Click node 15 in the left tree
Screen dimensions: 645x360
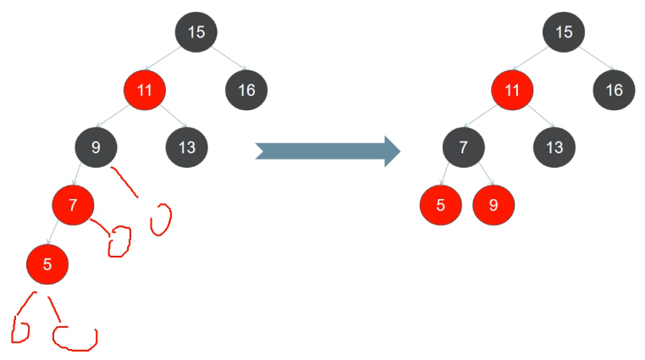pos(196,33)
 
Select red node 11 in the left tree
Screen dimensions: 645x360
pos(145,89)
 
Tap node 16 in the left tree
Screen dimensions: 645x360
pos(246,89)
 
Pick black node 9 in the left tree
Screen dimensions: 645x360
pos(96,147)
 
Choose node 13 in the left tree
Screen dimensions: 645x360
pos(187,147)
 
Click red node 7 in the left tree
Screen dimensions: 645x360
pos(73,204)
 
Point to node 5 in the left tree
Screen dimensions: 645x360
pos(47,263)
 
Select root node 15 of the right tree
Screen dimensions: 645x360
pos(565,33)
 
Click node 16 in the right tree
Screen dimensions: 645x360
pos(615,89)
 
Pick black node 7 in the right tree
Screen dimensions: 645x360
pos(463,147)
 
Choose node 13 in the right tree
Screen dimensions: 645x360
pos(554,147)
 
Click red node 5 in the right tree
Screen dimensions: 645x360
pos(441,204)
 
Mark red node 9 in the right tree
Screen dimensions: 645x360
pos(493,204)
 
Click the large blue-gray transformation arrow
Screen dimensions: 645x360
pos(328,150)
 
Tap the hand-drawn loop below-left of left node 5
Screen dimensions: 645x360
pos(20,329)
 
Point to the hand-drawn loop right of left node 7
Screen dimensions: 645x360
pos(119,241)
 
